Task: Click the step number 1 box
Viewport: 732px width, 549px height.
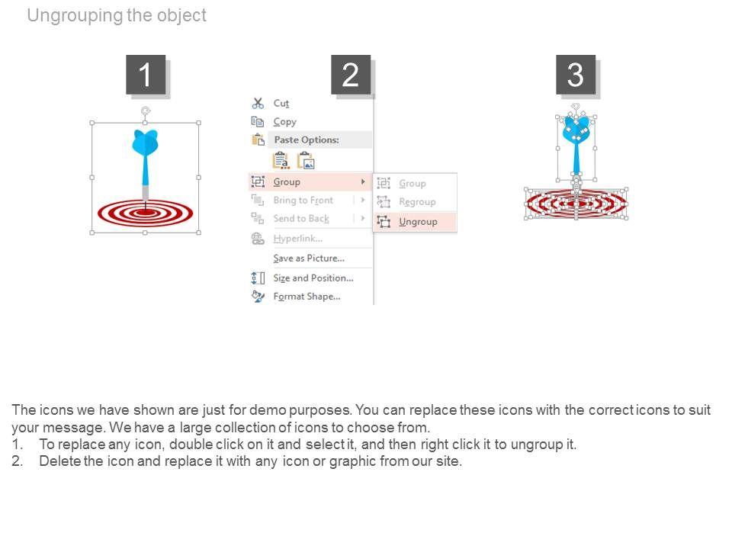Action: [146, 74]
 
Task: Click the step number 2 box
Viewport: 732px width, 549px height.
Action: [351, 74]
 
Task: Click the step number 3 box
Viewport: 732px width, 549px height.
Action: [576, 74]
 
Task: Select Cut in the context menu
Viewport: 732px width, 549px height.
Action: [281, 103]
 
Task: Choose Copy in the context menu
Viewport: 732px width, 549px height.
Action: [284, 122]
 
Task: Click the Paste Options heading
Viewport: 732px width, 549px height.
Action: [307, 140]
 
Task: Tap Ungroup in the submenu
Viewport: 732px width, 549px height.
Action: [418, 222]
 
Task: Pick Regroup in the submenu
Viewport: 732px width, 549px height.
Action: [417, 201]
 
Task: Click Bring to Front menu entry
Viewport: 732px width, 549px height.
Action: [303, 201]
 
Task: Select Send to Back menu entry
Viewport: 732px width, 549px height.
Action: [301, 219]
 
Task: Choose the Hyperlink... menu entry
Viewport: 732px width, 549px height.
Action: [298, 239]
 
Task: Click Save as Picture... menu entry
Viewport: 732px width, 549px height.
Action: [309, 258]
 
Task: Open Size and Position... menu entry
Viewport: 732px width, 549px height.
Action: [313, 278]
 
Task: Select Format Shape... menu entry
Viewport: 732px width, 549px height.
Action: [307, 297]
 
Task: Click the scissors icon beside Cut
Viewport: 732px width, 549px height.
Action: [258, 103]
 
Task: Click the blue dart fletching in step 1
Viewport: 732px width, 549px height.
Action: [145, 142]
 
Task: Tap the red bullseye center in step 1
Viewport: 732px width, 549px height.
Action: [145, 213]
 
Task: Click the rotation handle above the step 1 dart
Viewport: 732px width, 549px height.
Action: [145, 111]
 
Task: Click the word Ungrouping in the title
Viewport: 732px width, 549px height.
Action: [75, 15]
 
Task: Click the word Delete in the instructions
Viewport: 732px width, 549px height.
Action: [60, 461]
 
